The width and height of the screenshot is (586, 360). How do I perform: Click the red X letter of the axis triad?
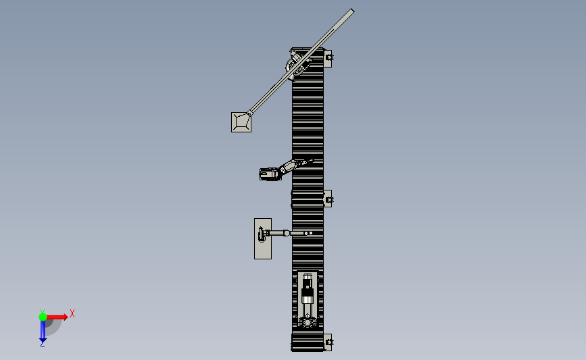tap(72, 313)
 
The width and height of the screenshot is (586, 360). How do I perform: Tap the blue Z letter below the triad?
tap(42, 344)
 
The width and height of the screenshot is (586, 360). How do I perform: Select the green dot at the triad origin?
tap(43, 317)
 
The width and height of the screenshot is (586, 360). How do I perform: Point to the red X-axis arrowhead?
tap(66, 317)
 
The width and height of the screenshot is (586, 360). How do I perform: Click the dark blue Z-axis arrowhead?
tap(43, 340)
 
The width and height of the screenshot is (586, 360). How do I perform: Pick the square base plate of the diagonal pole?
tap(241, 122)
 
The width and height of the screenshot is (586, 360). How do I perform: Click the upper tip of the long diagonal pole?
tap(352, 11)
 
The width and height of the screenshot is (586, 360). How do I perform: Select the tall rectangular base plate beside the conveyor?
tap(263, 238)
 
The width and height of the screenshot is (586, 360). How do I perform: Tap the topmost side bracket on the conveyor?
tap(328, 59)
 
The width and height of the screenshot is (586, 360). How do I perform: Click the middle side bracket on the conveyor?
tap(328, 199)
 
